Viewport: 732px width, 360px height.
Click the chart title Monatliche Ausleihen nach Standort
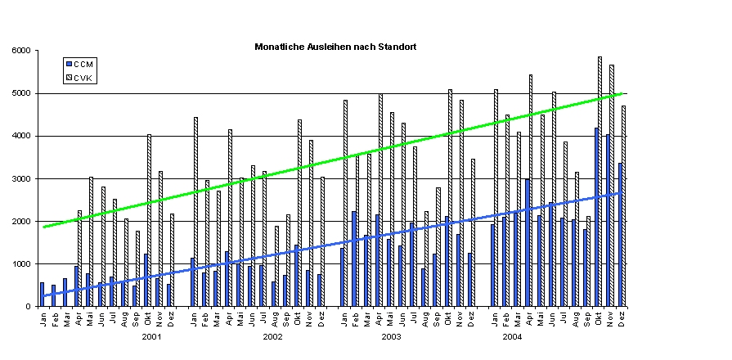(335, 47)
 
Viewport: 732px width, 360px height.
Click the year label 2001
(152, 336)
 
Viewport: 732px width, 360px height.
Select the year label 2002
(272, 336)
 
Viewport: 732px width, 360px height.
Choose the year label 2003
(392, 336)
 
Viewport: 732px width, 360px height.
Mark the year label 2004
(512, 336)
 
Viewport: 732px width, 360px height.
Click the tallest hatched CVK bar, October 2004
(600, 180)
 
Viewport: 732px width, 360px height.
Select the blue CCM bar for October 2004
(596, 217)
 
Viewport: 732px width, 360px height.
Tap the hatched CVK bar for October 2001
(149, 221)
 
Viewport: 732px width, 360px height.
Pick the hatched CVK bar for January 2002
(195, 213)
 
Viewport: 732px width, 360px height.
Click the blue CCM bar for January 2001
(42, 295)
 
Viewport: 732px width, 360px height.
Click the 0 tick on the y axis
(29, 307)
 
